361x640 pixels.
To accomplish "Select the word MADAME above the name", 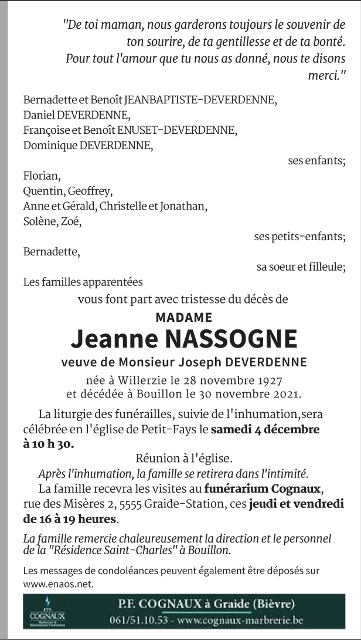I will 184,318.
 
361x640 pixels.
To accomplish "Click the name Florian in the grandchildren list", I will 41,176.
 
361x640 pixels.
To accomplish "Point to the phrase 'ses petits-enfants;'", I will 299,237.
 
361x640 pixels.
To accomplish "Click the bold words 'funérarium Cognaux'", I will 263,489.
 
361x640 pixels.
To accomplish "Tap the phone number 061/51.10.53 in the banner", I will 138,620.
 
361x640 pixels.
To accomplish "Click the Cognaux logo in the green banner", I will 47,611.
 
